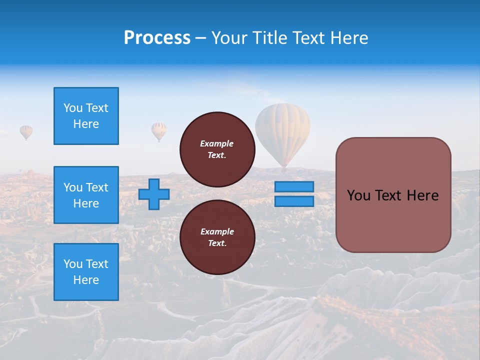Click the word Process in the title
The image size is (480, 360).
tap(157, 38)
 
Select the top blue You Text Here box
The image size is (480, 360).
tap(86, 116)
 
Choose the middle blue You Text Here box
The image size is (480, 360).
tap(86, 195)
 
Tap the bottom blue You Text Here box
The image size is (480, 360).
tap(86, 272)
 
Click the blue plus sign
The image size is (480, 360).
tap(154, 194)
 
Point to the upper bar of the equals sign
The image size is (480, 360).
tap(294, 187)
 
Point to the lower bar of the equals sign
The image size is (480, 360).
tap(294, 201)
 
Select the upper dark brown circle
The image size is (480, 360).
tap(217, 149)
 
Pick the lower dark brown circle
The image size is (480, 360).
tap(217, 237)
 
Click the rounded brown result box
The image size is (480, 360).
tap(393, 195)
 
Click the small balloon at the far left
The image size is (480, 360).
tap(26, 132)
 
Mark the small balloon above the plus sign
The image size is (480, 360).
tap(159, 131)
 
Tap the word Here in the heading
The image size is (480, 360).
tap(348, 38)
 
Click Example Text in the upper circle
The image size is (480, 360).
tap(217, 149)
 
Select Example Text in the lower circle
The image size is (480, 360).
tap(217, 237)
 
